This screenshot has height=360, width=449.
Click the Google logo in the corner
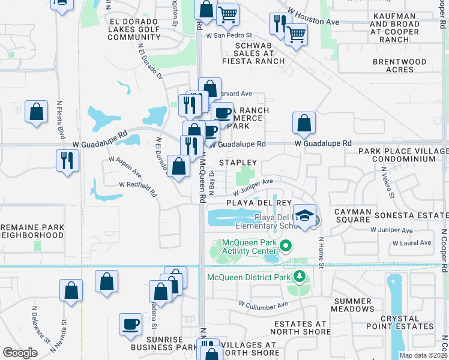(x=20, y=353)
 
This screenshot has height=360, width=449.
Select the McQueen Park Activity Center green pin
(x=286, y=246)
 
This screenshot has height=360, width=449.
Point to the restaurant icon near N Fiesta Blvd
(x=67, y=160)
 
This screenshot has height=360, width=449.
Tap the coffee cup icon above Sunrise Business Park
(x=131, y=325)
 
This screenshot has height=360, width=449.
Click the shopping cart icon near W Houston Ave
(x=296, y=34)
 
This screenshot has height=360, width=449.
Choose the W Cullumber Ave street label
(x=263, y=305)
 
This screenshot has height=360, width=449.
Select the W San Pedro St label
(x=229, y=36)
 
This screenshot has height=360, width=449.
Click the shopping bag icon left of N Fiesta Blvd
(x=37, y=112)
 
